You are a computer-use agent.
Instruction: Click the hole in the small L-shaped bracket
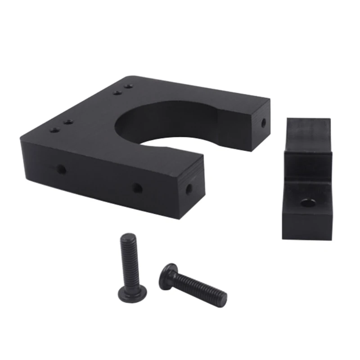point(308,202)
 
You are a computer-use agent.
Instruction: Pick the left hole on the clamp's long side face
point(60,169)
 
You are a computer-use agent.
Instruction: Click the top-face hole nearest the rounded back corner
point(129,85)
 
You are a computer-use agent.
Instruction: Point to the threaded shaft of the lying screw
point(198,286)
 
